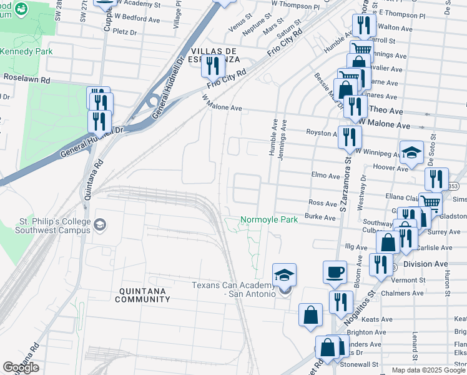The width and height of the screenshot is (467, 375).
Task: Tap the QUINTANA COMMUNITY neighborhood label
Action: point(142,295)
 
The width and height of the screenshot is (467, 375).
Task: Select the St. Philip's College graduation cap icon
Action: point(99,224)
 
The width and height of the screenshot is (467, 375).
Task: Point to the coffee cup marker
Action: point(335,272)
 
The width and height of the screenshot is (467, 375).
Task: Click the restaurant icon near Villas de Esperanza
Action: point(213,66)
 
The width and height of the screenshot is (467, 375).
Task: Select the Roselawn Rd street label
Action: point(26,80)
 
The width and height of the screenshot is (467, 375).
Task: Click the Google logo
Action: point(21,367)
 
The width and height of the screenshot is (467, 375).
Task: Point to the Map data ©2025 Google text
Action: point(428,370)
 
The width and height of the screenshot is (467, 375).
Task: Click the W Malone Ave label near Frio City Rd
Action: point(222,103)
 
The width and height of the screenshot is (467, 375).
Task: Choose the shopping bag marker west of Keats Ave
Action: point(310,315)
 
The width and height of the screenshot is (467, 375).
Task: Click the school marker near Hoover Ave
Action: point(411,152)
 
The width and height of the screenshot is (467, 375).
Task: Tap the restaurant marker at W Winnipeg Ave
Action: point(350,136)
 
